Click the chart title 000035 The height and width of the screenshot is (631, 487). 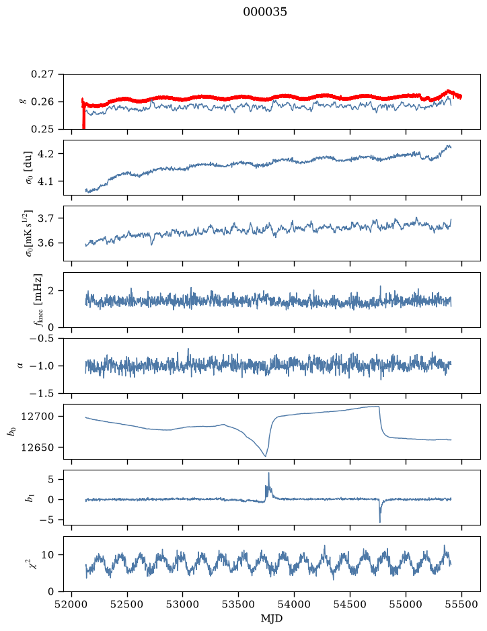click(264, 12)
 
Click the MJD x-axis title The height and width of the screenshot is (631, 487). click(272, 618)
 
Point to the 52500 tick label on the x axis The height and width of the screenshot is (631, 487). click(127, 604)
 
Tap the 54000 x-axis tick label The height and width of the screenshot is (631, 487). click(294, 604)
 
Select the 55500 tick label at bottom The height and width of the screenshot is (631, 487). click(461, 604)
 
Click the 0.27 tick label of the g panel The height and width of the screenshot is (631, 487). click(42, 75)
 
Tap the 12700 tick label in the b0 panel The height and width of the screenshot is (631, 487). click(37, 417)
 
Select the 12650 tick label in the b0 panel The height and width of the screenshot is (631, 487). click(37, 448)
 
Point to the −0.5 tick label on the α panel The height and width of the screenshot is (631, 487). click(42, 339)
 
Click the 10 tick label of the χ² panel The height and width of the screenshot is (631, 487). click(48, 555)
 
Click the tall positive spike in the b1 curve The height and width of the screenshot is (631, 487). click(268, 473)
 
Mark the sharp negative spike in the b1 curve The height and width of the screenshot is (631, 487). click(380, 521)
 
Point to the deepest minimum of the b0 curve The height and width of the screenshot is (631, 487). click(265, 456)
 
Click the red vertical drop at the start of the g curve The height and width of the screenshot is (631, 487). click(83, 115)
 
